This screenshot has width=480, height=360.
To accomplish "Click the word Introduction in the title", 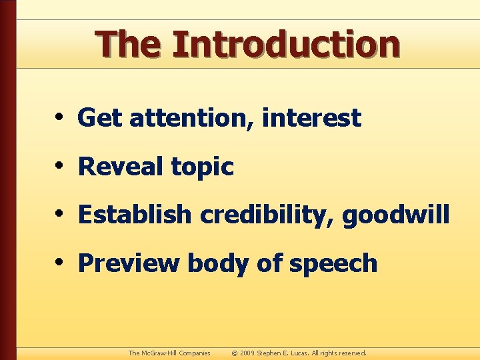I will [x=286, y=44].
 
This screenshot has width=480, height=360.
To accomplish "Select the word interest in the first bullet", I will [x=312, y=119].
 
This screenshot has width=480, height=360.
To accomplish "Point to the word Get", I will [x=100, y=119].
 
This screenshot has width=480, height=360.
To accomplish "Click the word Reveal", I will [x=121, y=167].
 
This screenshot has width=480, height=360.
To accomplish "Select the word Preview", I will [x=129, y=263].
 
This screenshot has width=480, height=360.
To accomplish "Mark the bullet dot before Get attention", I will [x=60, y=118].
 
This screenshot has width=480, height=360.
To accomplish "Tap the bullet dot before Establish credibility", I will [x=60, y=215].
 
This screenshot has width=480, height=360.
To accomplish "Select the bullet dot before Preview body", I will [x=60, y=263].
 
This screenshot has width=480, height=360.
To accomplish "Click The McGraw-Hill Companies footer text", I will [x=169, y=353].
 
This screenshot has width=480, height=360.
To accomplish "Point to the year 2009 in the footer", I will [x=248, y=353].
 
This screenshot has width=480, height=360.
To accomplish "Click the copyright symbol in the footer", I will [x=234, y=353].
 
